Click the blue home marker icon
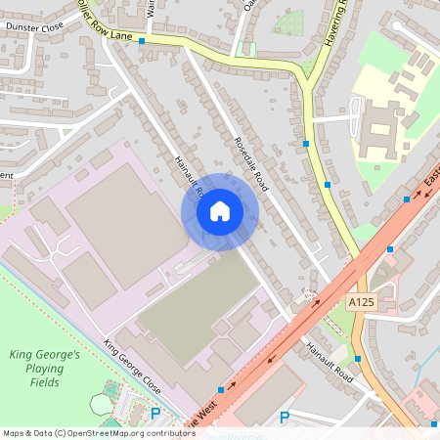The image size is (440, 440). (219, 211)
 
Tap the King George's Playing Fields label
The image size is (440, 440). (43, 363)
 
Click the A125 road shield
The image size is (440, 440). (362, 303)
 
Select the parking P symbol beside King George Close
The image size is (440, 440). (154, 414)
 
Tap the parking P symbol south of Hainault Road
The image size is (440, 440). (285, 418)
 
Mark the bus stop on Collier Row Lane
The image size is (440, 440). (142, 42)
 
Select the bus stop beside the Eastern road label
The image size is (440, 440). (407, 199)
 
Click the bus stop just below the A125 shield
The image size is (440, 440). (359, 359)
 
